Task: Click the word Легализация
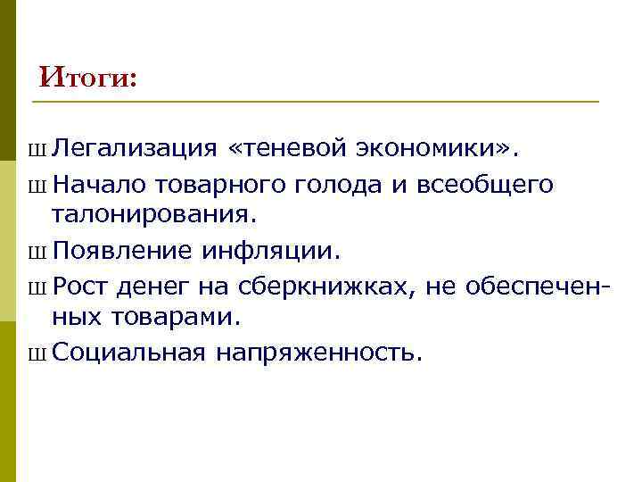[x=134, y=146]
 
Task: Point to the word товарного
[x=218, y=185]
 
